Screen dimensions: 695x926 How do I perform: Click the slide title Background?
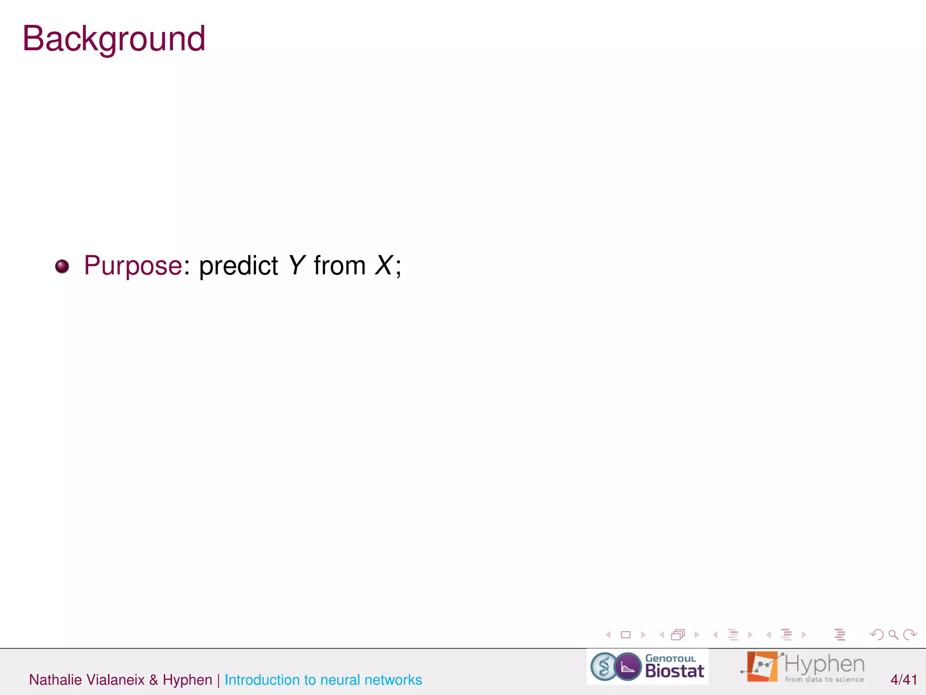point(114,39)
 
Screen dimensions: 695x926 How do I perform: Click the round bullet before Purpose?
point(62,266)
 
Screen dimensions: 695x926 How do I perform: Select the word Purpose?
point(133,266)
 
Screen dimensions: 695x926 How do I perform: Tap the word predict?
point(238,266)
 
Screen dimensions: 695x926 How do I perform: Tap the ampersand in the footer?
point(154,680)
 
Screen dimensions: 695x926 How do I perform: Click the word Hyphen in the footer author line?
point(187,680)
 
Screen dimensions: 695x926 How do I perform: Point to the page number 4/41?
point(903,680)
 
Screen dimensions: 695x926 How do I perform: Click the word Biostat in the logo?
point(674,671)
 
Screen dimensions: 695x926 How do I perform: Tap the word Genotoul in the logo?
point(670,658)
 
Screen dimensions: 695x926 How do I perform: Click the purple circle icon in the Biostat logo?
point(628,666)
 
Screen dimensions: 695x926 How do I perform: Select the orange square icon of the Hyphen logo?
point(762,666)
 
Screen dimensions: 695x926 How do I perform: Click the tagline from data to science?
point(824,679)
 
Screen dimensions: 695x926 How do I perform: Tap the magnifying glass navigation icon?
point(893,635)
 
